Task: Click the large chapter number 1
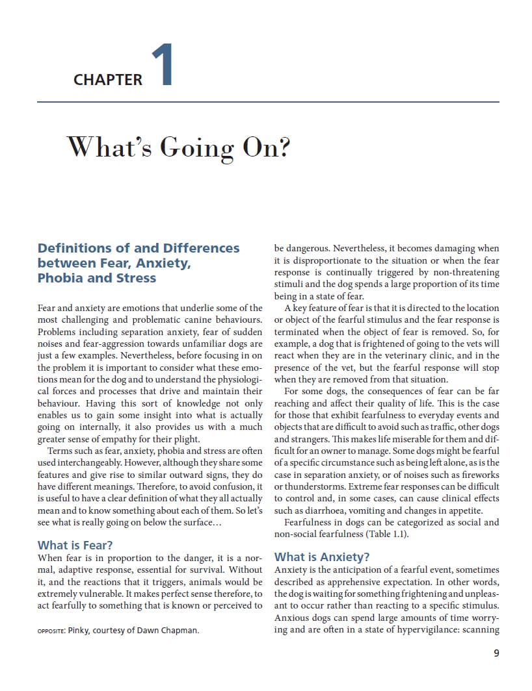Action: (x=162, y=65)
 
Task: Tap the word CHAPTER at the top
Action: (x=108, y=80)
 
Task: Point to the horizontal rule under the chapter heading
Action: (x=268, y=102)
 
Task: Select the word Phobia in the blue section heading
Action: (x=60, y=278)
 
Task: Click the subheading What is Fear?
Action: (x=80, y=545)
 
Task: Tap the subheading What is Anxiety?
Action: (x=322, y=557)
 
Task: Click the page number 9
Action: (x=496, y=653)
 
